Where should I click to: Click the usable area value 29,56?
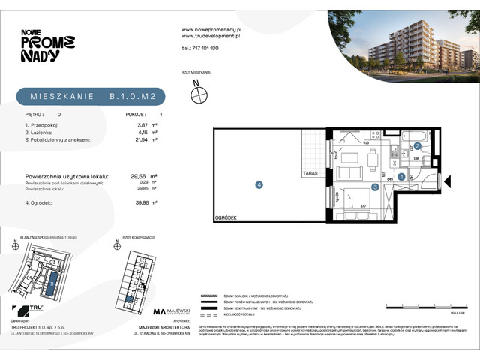coord(138,177)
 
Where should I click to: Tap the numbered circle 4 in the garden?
coord(259,184)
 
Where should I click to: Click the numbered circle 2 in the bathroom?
coord(418,146)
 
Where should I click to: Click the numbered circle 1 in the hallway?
coord(402,177)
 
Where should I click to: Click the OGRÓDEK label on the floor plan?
coord(226,217)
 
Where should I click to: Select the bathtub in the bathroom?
coord(415,136)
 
